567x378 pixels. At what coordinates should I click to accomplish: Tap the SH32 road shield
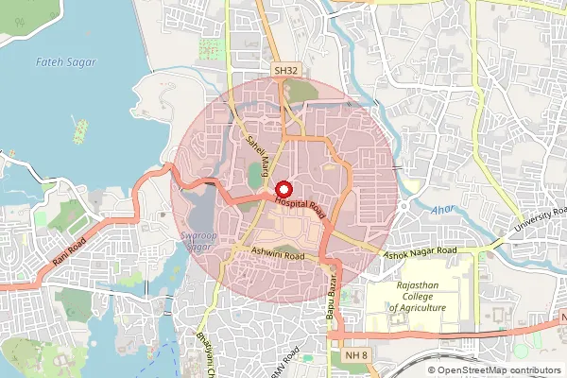point(286,71)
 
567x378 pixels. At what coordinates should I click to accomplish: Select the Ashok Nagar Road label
point(419,252)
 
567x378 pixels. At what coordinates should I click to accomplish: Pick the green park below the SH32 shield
point(301,92)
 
